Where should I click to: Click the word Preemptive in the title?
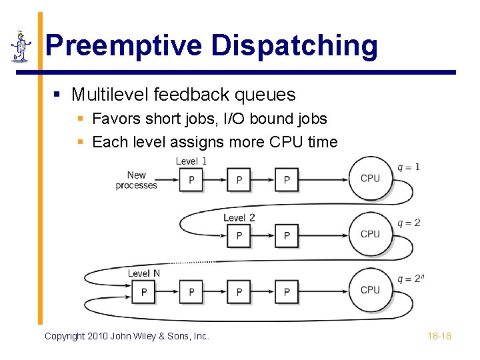(x=124, y=46)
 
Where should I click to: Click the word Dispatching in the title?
(x=295, y=46)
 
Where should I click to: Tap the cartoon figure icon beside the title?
(x=21, y=46)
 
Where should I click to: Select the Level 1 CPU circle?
(x=370, y=179)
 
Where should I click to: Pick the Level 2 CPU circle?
(x=370, y=235)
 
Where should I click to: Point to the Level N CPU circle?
(x=370, y=291)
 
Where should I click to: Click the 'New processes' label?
(x=137, y=181)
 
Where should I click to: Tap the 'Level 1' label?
(x=191, y=161)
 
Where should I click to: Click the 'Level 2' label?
(x=239, y=218)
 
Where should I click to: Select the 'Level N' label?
(x=144, y=273)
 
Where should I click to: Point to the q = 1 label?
(x=409, y=167)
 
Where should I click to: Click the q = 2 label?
(x=409, y=223)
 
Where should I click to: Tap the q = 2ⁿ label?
(x=409, y=278)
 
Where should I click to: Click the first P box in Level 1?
(x=191, y=180)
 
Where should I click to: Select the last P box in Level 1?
(x=287, y=180)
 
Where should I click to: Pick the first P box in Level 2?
(x=239, y=236)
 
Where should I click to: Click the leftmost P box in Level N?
(x=144, y=292)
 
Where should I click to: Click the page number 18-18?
(x=439, y=336)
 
